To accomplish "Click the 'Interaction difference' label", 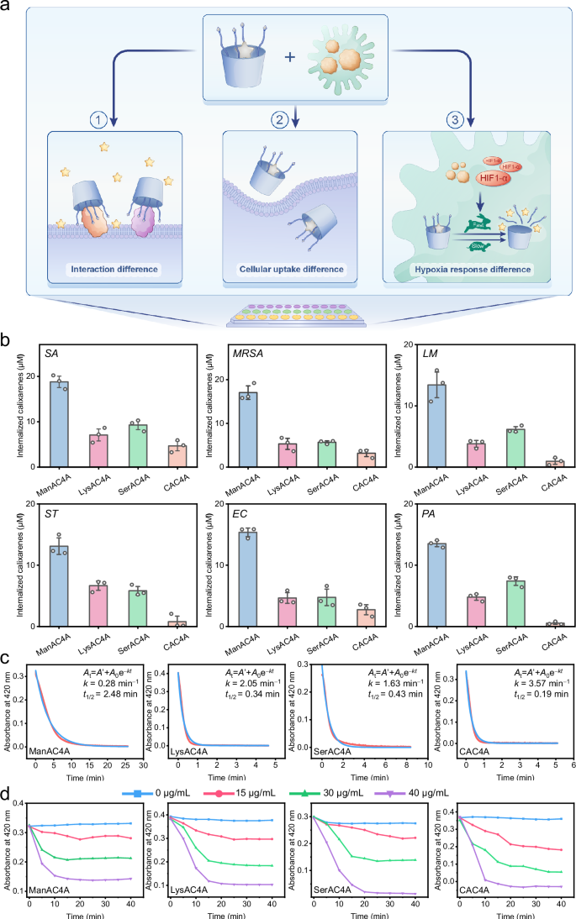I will (118, 270).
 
